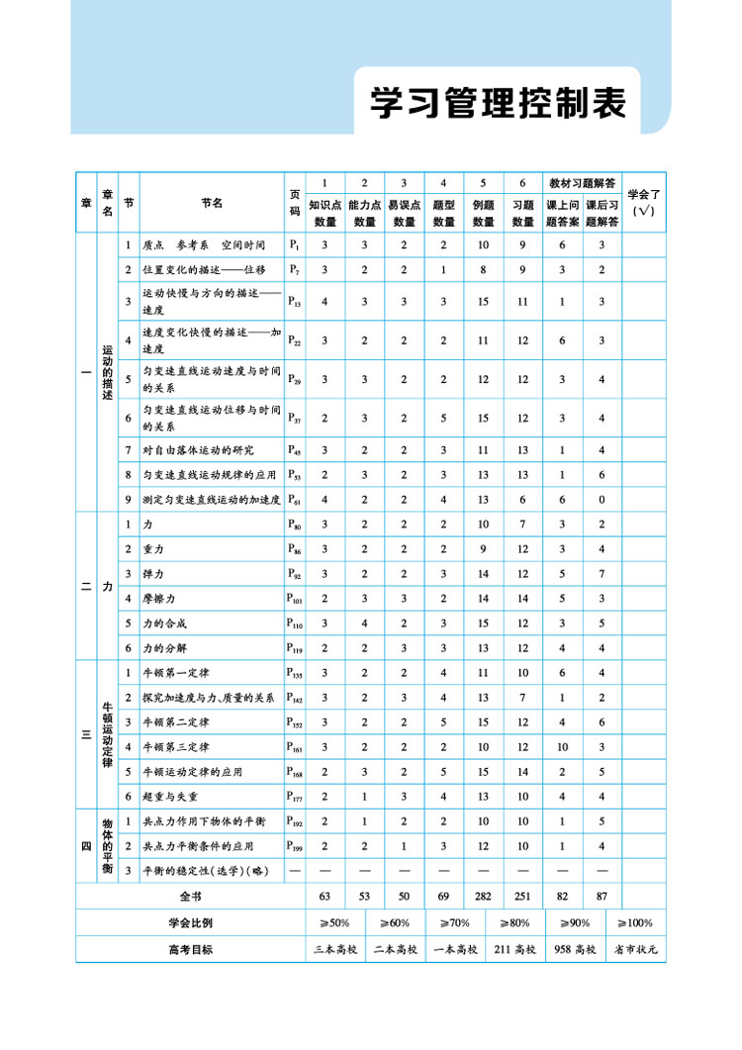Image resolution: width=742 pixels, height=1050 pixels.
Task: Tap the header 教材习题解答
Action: tap(583, 183)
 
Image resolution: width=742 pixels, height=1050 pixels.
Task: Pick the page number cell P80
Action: tap(294, 524)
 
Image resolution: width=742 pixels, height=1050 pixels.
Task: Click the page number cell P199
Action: tap(295, 845)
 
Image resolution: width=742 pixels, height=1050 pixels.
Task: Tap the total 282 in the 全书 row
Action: tap(483, 897)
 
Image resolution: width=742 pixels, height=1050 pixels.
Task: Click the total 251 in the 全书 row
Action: tap(522, 897)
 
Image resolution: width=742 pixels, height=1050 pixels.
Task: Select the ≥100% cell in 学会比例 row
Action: tap(635, 922)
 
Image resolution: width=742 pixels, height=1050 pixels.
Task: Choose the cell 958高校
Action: tap(575, 949)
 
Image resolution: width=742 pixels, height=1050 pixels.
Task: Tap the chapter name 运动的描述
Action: tap(108, 372)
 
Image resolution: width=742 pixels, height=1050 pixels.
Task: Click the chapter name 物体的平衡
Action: tap(108, 844)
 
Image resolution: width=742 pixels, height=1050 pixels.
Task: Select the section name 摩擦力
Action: tap(158, 598)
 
